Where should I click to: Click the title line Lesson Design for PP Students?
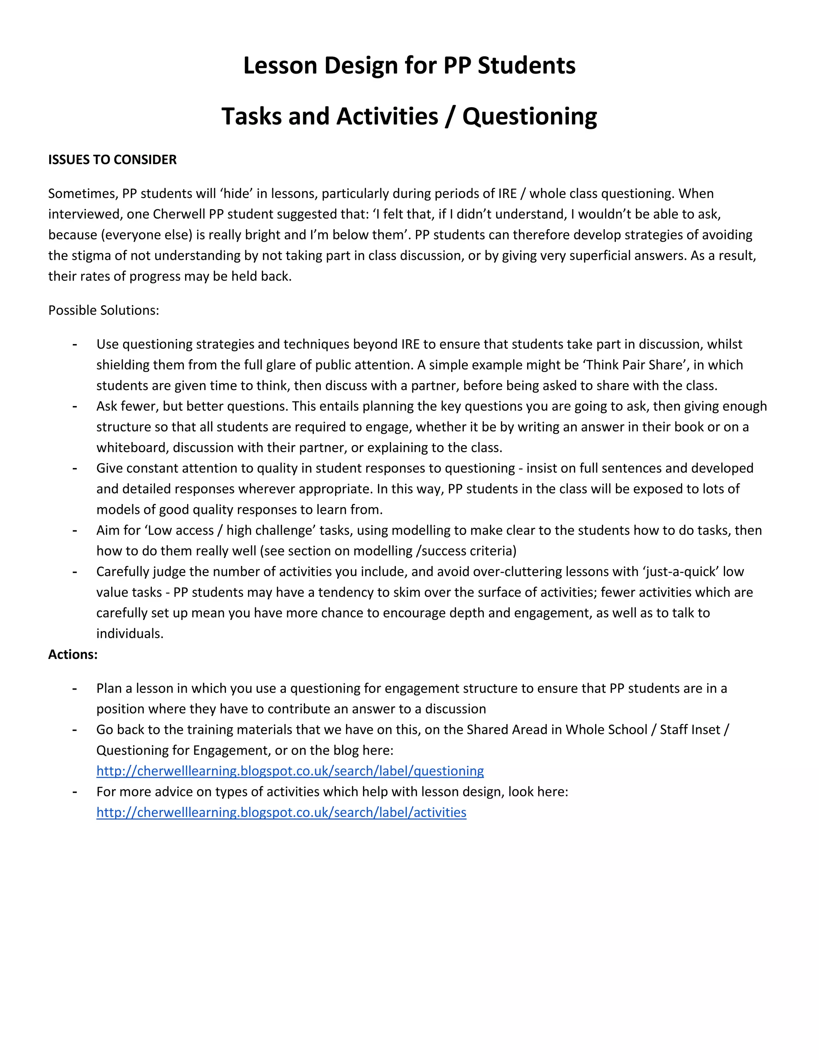(x=409, y=66)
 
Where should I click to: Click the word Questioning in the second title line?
(x=529, y=116)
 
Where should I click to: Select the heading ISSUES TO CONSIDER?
(x=112, y=160)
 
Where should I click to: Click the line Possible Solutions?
(x=103, y=310)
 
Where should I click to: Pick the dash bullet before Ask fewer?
(x=75, y=406)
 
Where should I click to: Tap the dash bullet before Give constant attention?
(x=75, y=468)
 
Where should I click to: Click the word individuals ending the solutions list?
(x=129, y=634)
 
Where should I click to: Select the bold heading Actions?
(x=73, y=655)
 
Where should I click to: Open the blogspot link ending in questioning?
(x=290, y=771)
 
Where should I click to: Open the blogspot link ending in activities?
(x=281, y=812)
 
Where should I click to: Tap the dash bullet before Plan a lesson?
(x=75, y=689)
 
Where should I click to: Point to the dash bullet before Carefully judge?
(x=75, y=572)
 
